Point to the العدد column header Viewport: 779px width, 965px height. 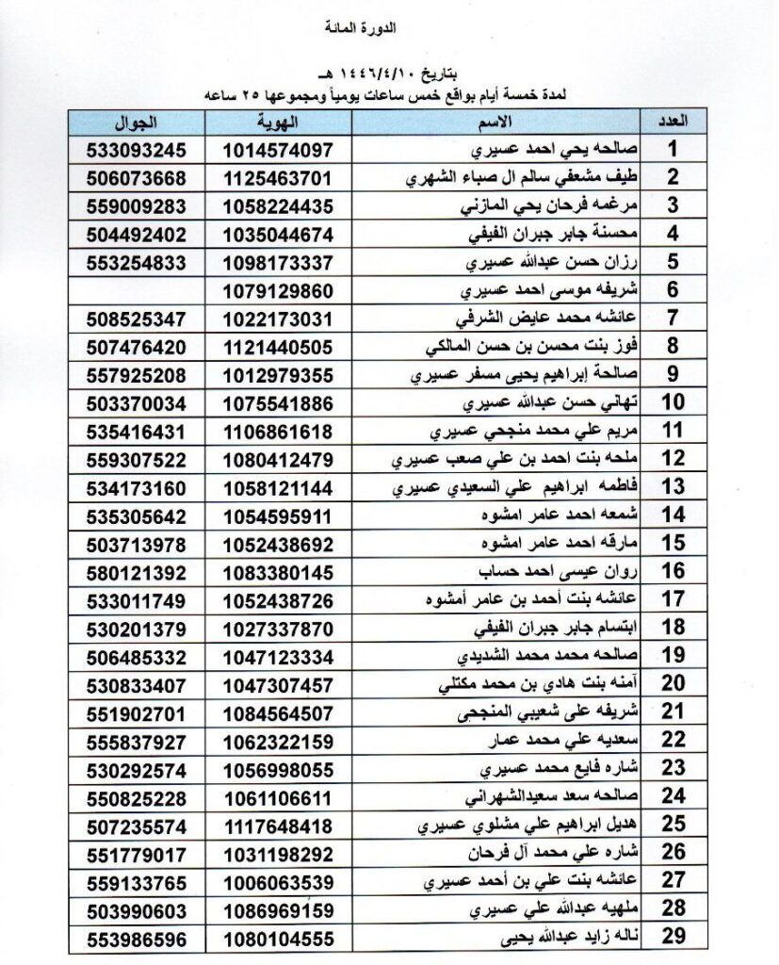[673, 123]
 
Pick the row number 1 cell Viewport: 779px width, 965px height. [673, 150]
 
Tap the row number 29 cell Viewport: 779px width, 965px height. [673, 940]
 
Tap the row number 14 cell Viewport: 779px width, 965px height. [673, 515]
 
